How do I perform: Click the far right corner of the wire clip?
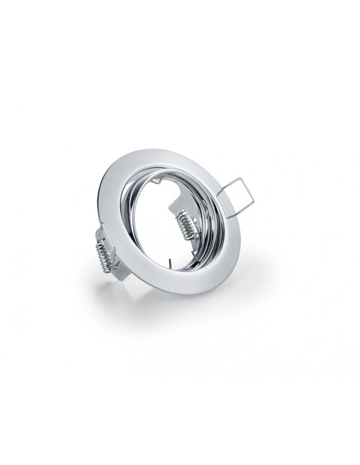click(x=254, y=201)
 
